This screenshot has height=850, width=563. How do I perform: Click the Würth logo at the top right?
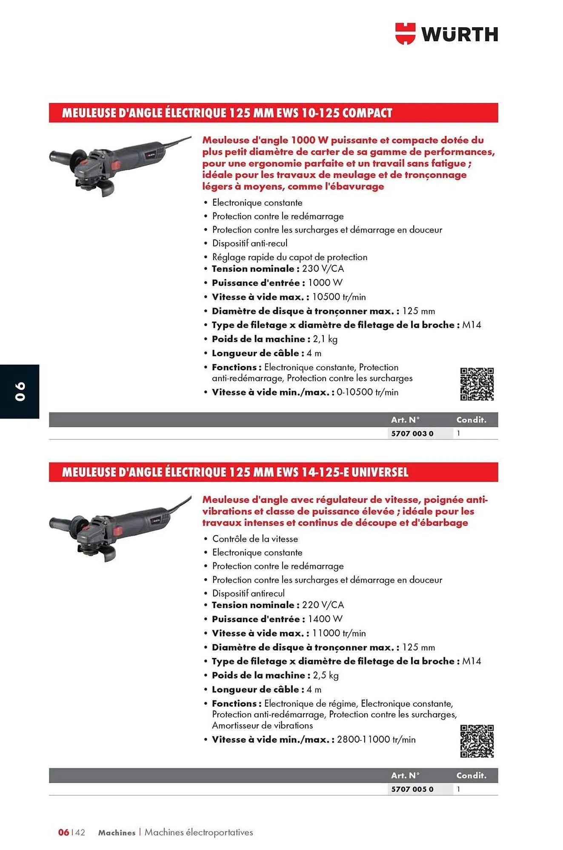point(446,34)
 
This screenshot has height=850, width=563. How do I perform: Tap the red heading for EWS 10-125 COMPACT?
point(227,113)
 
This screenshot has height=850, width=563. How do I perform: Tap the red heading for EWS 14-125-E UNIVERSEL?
point(235,472)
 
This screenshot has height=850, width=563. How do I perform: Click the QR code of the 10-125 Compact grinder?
point(477,384)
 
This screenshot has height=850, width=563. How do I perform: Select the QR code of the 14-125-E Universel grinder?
point(477,741)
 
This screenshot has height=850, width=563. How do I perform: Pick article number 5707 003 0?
point(412,433)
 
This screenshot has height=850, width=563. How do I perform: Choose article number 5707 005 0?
point(412,789)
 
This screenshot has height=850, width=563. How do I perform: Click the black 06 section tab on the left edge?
point(20,391)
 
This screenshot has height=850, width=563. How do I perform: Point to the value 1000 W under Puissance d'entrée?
point(325,283)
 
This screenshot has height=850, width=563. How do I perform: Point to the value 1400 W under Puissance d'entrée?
point(325,619)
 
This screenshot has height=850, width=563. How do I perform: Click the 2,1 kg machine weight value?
point(325,339)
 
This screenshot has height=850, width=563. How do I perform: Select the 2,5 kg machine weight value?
point(326,675)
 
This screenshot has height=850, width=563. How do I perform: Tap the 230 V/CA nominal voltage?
point(323,269)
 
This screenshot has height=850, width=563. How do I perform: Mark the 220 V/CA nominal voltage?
point(323,605)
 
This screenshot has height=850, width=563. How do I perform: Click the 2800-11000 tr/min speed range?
point(376,739)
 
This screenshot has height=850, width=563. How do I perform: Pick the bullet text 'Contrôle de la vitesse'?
point(255,539)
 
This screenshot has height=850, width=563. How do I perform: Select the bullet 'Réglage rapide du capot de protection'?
point(289,257)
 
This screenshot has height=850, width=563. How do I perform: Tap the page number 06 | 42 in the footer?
point(71,832)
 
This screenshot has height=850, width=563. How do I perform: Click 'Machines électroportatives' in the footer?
point(199,832)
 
